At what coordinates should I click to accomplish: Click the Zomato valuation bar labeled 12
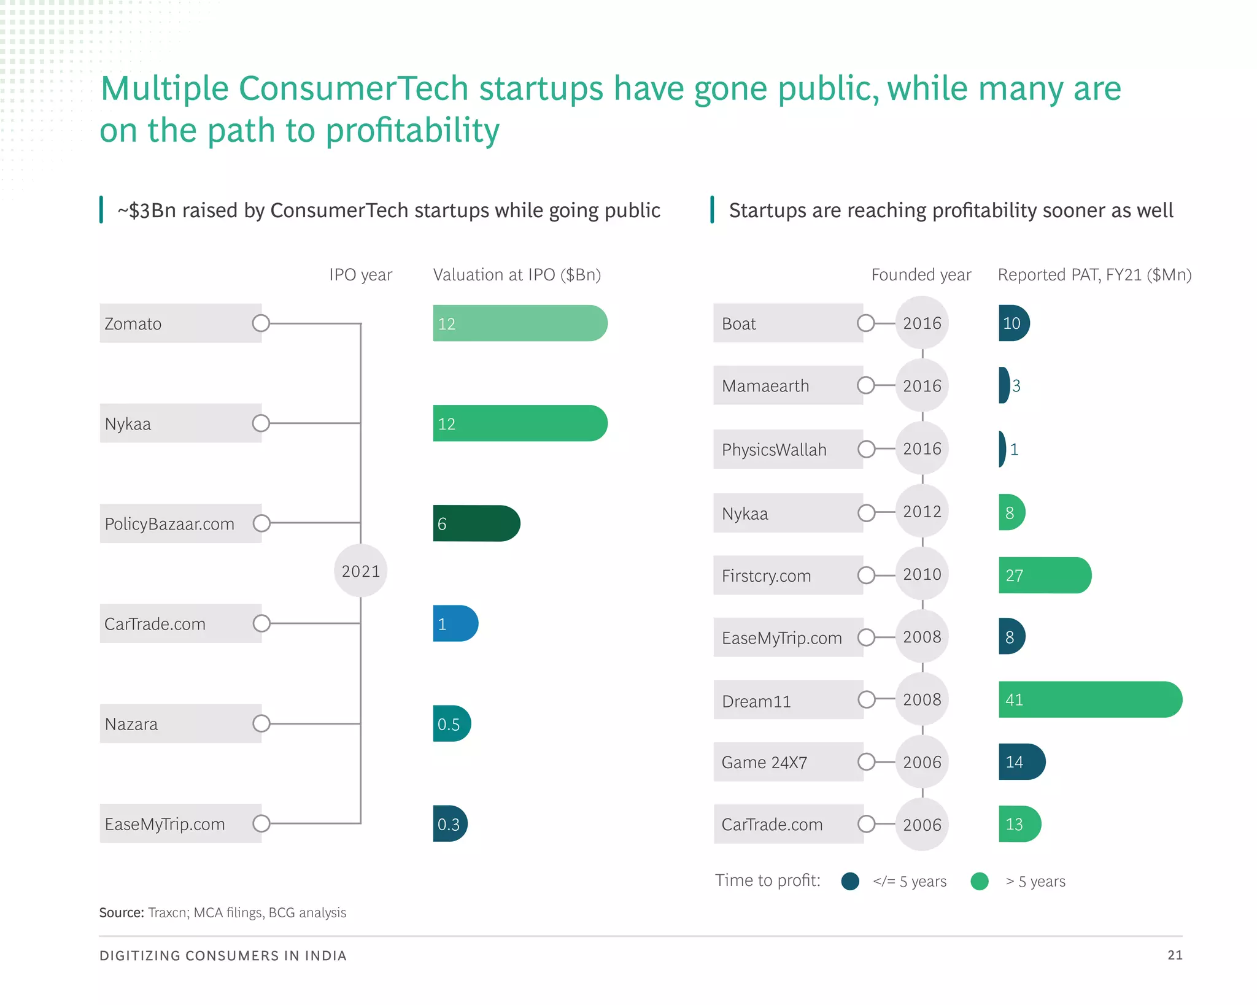tap(519, 323)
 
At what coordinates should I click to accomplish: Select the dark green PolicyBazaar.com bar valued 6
tap(476, 523)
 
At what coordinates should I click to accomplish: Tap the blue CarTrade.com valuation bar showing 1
tap(455, 623)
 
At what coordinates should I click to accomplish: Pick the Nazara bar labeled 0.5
tap(451, 724)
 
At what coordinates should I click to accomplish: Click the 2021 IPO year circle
tap(361, 571)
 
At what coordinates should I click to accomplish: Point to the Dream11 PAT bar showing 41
tap(1089, 699)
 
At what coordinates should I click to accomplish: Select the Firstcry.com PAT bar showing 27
tap(1044, 576)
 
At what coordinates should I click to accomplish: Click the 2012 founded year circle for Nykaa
tap(922, 512)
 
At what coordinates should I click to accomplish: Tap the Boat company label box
tap(787, 323)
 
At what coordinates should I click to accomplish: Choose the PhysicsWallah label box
tap(787, 449)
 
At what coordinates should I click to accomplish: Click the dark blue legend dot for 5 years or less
tap(850, 881)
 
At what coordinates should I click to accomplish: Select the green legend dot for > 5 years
tap(980, 881)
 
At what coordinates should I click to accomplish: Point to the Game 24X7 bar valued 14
tap(1021, 762)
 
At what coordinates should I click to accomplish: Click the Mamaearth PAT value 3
tap(1016, 386)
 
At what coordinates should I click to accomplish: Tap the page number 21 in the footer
tap(1175, 955)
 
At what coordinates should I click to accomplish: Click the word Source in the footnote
tap(122, 912)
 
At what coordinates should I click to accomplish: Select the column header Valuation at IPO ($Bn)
tap(517, 275)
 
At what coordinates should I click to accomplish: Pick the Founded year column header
tap(921, 275)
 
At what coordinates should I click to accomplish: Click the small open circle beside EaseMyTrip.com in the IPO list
tap(261, 823)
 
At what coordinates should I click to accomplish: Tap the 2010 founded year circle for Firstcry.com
tap(922, 575)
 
